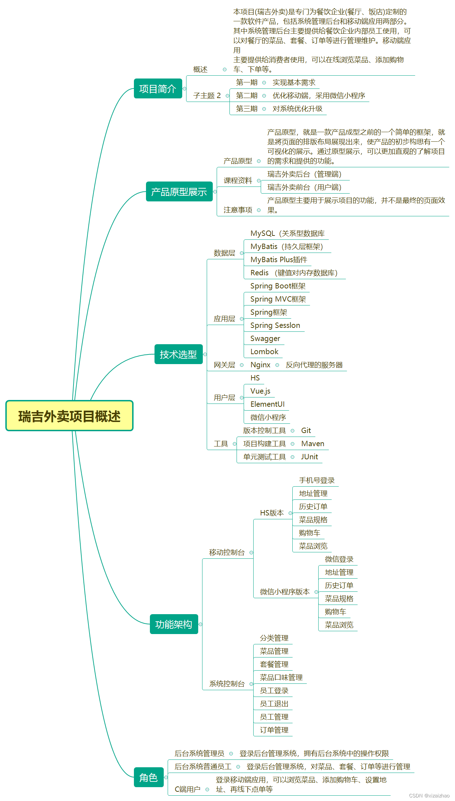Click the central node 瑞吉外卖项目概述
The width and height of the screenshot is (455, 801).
[x=69, y=416]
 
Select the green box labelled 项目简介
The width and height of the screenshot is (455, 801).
[x=158, y=88]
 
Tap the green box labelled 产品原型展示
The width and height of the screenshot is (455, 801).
[x=179, y=192]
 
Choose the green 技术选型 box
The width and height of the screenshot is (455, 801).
[x=178, y=354]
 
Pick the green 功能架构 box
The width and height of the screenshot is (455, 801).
[x=174, y=624]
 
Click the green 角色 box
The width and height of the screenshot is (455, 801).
[x=148, y=778]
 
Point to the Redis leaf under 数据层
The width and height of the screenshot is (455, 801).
[x=259, y=273]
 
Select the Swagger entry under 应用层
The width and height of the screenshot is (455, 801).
[x=265, y=339]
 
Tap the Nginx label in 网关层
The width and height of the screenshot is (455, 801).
[x=260, y=365]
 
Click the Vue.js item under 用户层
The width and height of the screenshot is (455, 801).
[x=260, y=391]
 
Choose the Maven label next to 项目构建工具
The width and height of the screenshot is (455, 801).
[x=313, y=444]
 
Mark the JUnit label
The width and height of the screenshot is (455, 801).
[x=309, y=457]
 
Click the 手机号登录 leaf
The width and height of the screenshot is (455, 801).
[x=317, y=481]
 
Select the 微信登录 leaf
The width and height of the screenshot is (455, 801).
[x=339, y=559]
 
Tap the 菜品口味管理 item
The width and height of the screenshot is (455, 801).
[x=281, y=678]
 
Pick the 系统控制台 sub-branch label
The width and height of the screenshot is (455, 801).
[x=227, y=684]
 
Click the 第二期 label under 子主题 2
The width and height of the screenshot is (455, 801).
[x=247, y=96]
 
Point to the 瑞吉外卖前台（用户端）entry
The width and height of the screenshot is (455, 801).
[x=304, y=187]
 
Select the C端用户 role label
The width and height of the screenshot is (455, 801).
[x=188, y=789]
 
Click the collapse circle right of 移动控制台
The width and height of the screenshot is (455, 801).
[x=251, y=553]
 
